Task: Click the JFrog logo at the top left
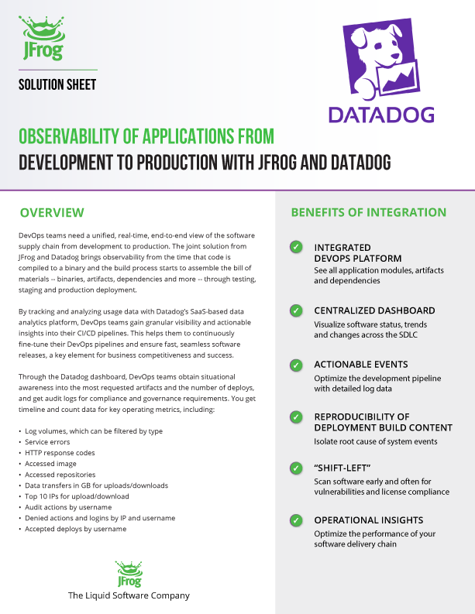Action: [x=42, y=39]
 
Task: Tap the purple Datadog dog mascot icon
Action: [x=380, y=62]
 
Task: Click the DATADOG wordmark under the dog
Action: [x=380, y=115]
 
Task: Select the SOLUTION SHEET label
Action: [x=57, y=84]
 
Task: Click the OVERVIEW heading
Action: [x=52, y=212]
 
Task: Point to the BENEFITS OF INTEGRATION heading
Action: [x=368, y=212]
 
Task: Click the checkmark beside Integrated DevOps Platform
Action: [x=296, y=247]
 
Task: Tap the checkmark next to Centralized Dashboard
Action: [x=296, y=310]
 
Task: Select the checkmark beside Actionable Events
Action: [x=296, y=364]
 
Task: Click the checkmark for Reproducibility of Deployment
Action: [x=296, y=417]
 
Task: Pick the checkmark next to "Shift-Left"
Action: [x=296, y=468]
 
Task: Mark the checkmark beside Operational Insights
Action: [x=296, y=520]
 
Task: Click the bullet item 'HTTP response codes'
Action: [x=60, y=452]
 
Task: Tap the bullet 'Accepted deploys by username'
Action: [x=75, y=529]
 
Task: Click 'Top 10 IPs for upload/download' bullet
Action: [x=77, y=496]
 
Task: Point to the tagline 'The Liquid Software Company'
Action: [x=129, y=595]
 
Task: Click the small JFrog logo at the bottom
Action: [x=129, y=574]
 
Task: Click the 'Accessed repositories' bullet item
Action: [x=60, y=474]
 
